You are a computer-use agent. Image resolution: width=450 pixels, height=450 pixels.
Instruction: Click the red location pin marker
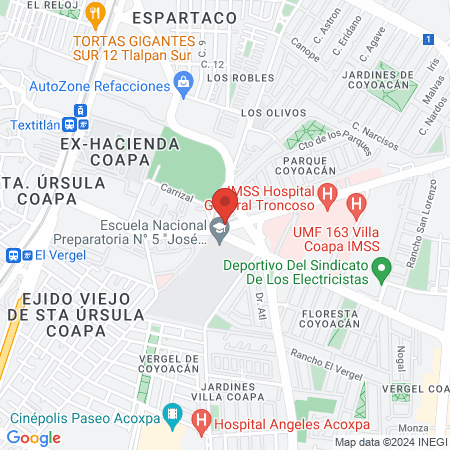click(x=225, y=204)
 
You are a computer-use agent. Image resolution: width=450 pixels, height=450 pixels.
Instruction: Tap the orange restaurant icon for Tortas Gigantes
click(x=96, y=14)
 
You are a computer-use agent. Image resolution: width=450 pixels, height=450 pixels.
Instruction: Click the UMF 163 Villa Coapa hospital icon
click(x=355, y=207)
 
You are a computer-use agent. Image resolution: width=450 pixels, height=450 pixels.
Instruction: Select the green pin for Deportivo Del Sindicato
click(x=381, y=268)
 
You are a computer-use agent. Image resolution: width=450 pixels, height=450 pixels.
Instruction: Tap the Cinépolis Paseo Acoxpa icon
click(x=174, y=412)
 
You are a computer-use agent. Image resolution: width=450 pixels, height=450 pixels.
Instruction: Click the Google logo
click(x=34, y=437)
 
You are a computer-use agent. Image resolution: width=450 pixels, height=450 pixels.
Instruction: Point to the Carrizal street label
click(x=176, y=190)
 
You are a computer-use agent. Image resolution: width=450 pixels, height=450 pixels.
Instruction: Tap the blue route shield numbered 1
click(x=428, y=39)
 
